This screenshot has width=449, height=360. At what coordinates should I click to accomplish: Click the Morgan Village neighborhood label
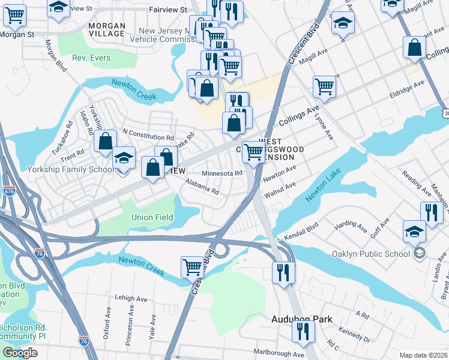coord(107,30)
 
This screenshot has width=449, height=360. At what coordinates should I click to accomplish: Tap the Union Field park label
coord(152,217)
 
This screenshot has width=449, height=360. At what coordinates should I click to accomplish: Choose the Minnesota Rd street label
coord(222,173)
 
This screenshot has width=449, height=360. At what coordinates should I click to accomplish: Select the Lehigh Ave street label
coord(131,299)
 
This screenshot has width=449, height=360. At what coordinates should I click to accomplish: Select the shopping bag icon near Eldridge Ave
coord(415,47)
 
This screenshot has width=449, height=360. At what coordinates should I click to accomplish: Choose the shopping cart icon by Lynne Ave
coord(324,86)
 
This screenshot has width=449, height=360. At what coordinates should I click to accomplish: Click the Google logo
coord(20,353)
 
